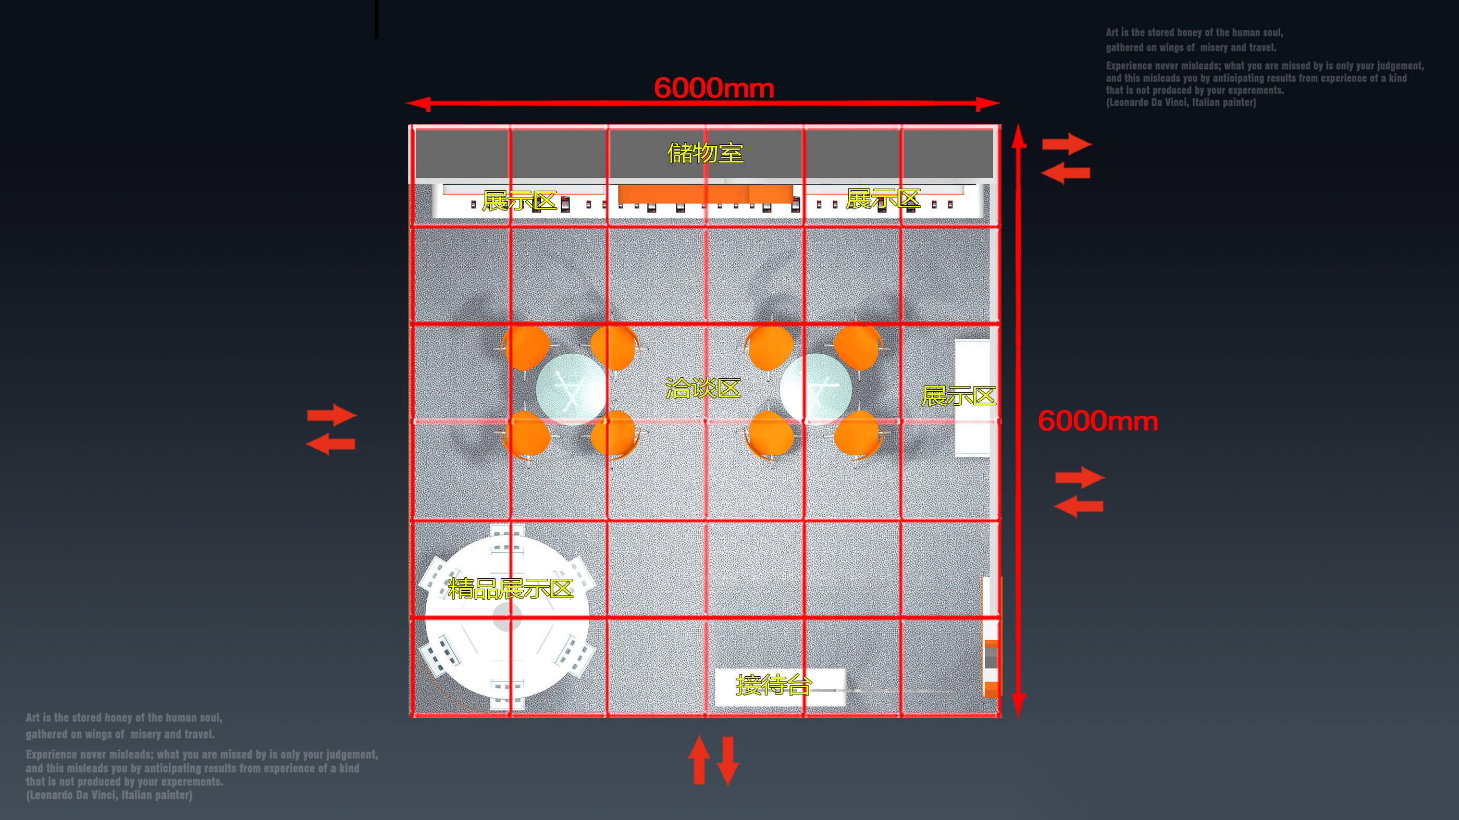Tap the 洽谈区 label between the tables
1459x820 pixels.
703,388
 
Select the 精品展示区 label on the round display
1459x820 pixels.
510,588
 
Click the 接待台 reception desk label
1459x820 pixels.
774,685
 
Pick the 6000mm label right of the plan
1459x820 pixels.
1098,421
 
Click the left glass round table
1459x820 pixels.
571,389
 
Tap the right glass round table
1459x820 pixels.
815,389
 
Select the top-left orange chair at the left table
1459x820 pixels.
526,347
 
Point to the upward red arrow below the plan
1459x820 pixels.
699,760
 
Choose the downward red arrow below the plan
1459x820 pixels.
728,761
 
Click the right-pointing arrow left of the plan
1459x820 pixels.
332,415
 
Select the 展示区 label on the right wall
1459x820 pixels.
958,396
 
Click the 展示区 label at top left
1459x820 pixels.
520,201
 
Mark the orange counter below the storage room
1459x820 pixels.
705,194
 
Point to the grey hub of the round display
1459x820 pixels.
507,617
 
